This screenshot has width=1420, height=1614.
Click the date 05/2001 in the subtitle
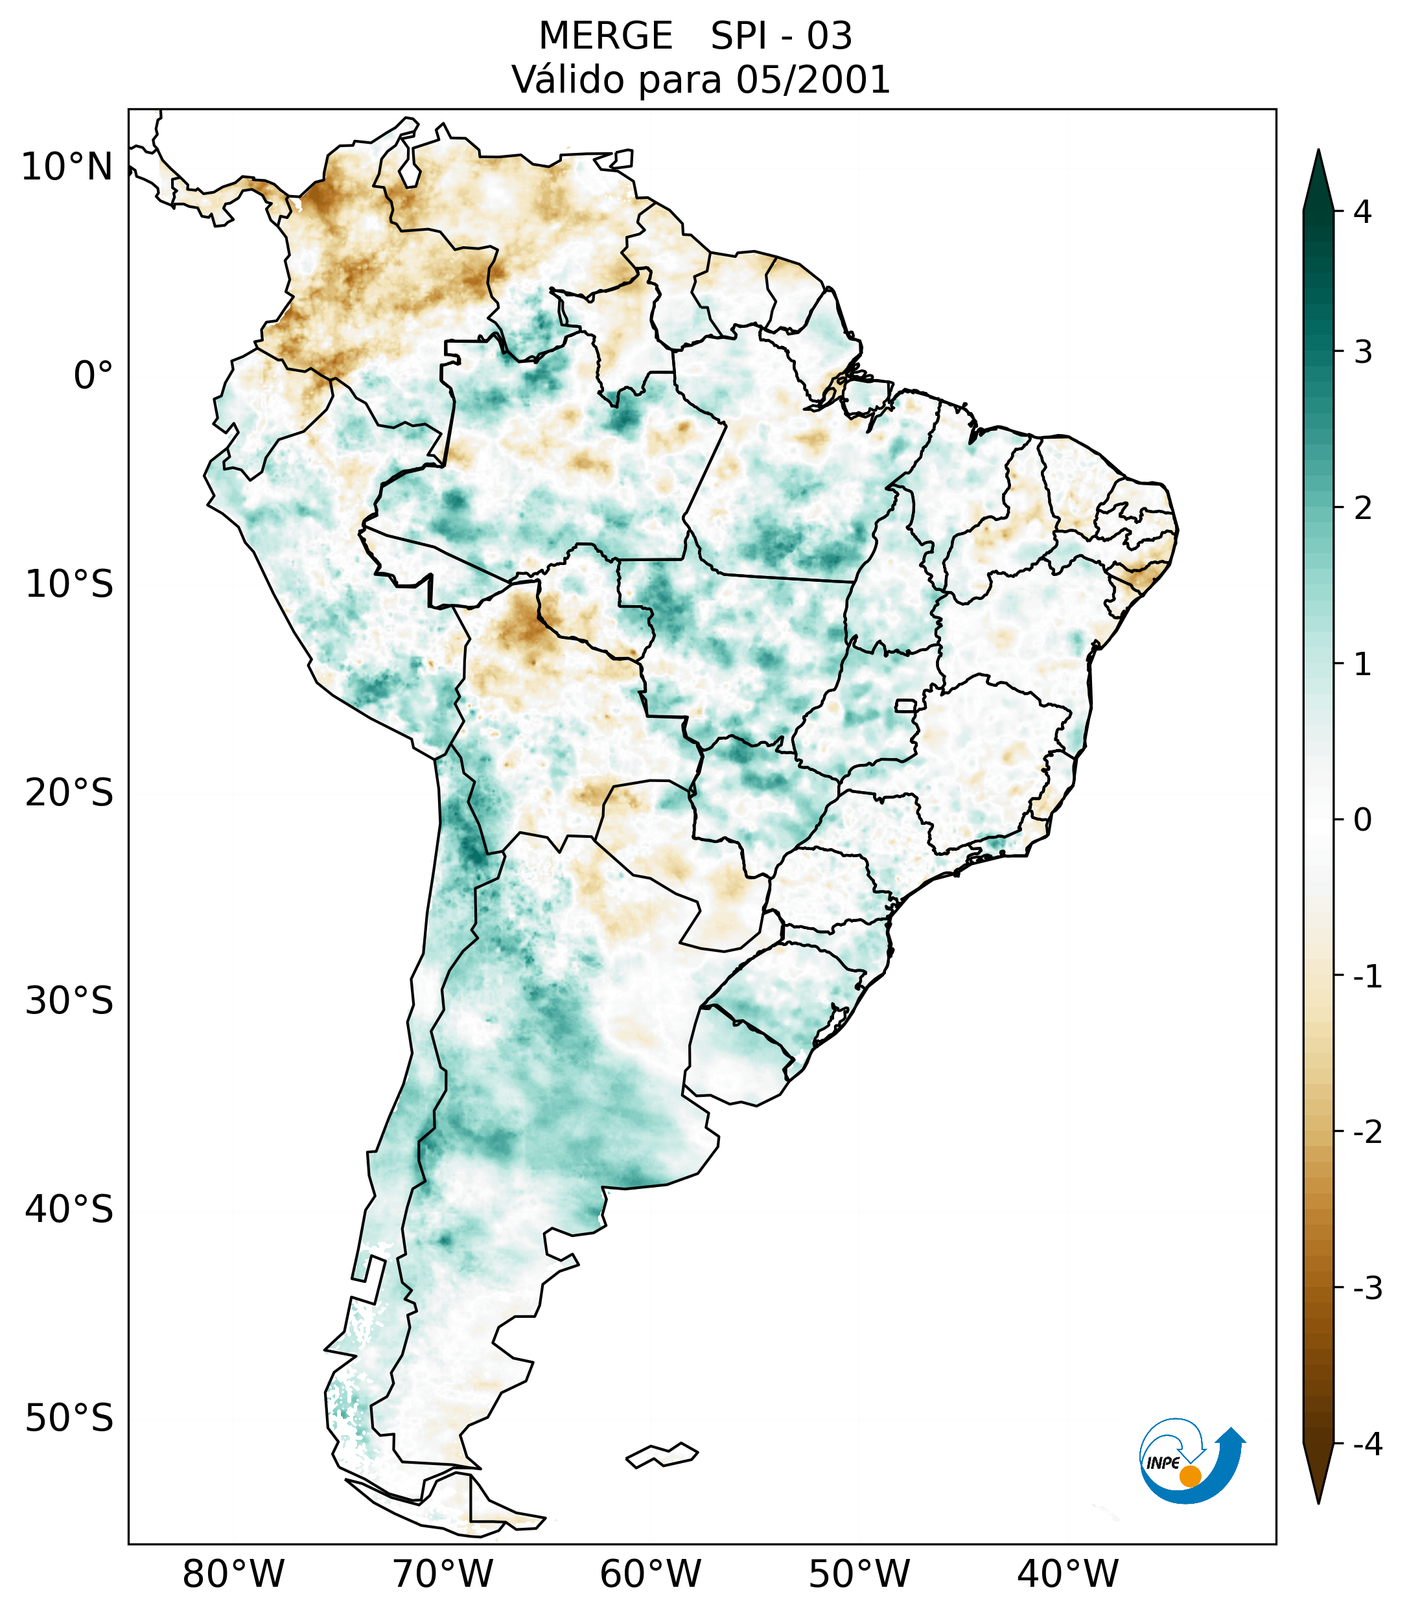click(813, 80)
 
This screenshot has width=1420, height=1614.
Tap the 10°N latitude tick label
click(67, 167)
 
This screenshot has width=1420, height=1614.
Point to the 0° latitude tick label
click(93, 376)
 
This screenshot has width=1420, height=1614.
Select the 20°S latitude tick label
click(69, 793)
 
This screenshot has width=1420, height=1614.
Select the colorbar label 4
click(1362, 212)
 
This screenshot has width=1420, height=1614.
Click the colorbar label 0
click(1362, 820)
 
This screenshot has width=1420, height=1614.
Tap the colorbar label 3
click(1362, 352)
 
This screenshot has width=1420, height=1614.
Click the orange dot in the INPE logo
click(1189, 1476)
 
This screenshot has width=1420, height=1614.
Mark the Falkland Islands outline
click(662, 1455)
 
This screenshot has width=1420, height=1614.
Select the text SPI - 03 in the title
click(781, 36)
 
